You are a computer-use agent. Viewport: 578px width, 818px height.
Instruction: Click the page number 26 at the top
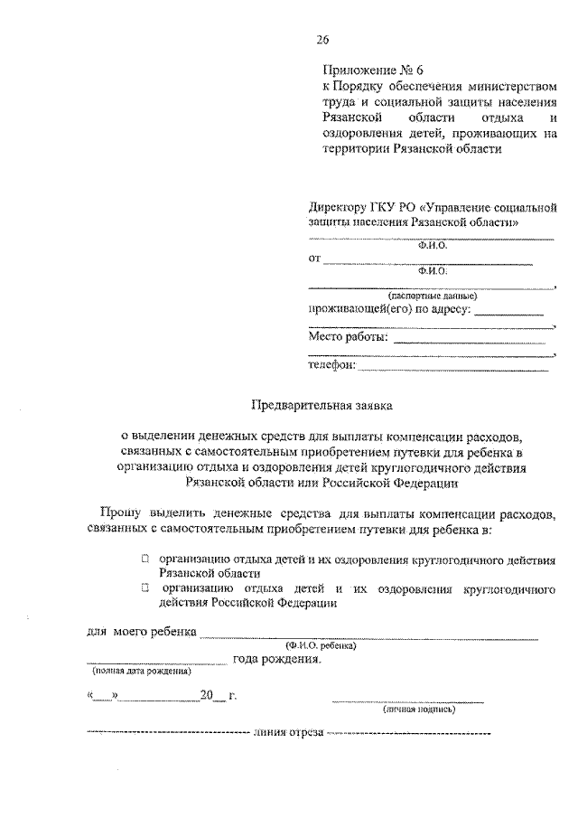[322, 39]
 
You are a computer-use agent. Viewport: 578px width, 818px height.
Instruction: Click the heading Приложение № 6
[372, 70]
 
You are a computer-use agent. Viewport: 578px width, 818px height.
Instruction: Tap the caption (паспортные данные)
[432, 296]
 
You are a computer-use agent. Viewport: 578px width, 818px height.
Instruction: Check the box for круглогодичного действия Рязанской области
[144, 560]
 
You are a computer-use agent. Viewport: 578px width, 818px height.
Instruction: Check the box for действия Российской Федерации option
[144, 588]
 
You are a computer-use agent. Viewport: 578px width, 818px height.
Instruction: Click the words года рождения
[276, 660]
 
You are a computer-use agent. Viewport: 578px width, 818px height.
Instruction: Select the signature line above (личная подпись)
[406, 700]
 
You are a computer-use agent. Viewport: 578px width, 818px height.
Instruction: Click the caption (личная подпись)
[418, 710]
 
